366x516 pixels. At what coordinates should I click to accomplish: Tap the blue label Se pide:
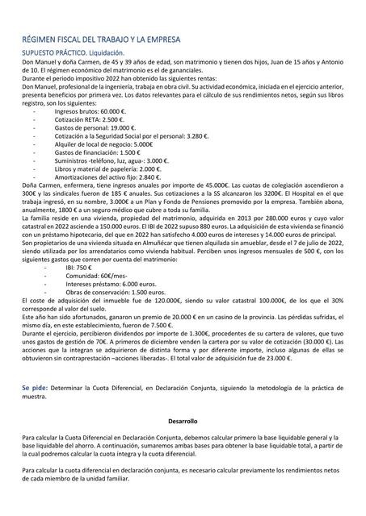35,388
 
